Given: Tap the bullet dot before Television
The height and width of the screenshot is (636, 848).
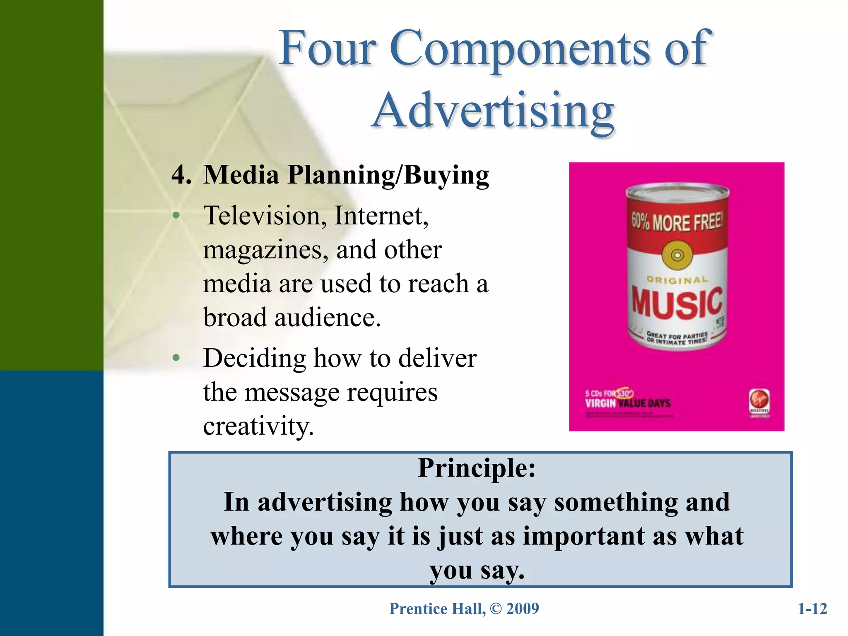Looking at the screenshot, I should pos(176,215).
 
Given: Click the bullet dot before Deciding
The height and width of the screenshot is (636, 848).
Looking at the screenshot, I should pos(176,357).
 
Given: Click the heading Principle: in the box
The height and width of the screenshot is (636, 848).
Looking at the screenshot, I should pos(477,468).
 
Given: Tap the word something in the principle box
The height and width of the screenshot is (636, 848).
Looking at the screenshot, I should pos(616,502).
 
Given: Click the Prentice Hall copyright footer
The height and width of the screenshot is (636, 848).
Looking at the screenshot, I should pos(464,609).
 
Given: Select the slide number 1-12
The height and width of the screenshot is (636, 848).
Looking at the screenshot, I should pos(812,609).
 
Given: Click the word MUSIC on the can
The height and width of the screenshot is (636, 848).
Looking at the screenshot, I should pos(677,304).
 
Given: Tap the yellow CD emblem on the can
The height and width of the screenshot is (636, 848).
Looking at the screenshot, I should pos(677,255).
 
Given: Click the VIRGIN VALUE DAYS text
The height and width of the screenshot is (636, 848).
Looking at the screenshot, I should pos(627,403).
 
